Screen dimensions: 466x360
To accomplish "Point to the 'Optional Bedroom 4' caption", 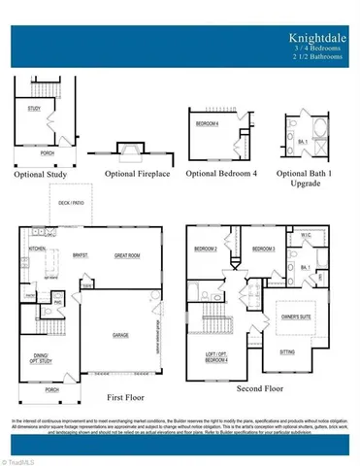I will coord(221,175).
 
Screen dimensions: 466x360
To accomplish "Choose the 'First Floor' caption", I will coord(129,397).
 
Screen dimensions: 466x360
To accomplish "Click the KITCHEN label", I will coord(38,250).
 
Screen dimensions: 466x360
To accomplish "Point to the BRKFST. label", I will coord(81,256).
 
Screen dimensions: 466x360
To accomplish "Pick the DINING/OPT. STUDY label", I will coord(40,356).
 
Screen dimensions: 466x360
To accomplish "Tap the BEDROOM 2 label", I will coord(205,250).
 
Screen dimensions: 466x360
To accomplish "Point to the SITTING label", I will coord(288,351).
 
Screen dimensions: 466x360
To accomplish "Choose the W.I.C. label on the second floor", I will coord(306,235).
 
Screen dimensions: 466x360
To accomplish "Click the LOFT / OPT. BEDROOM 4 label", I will coord(206,356).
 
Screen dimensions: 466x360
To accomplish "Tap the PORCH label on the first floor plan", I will coord(39,389).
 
